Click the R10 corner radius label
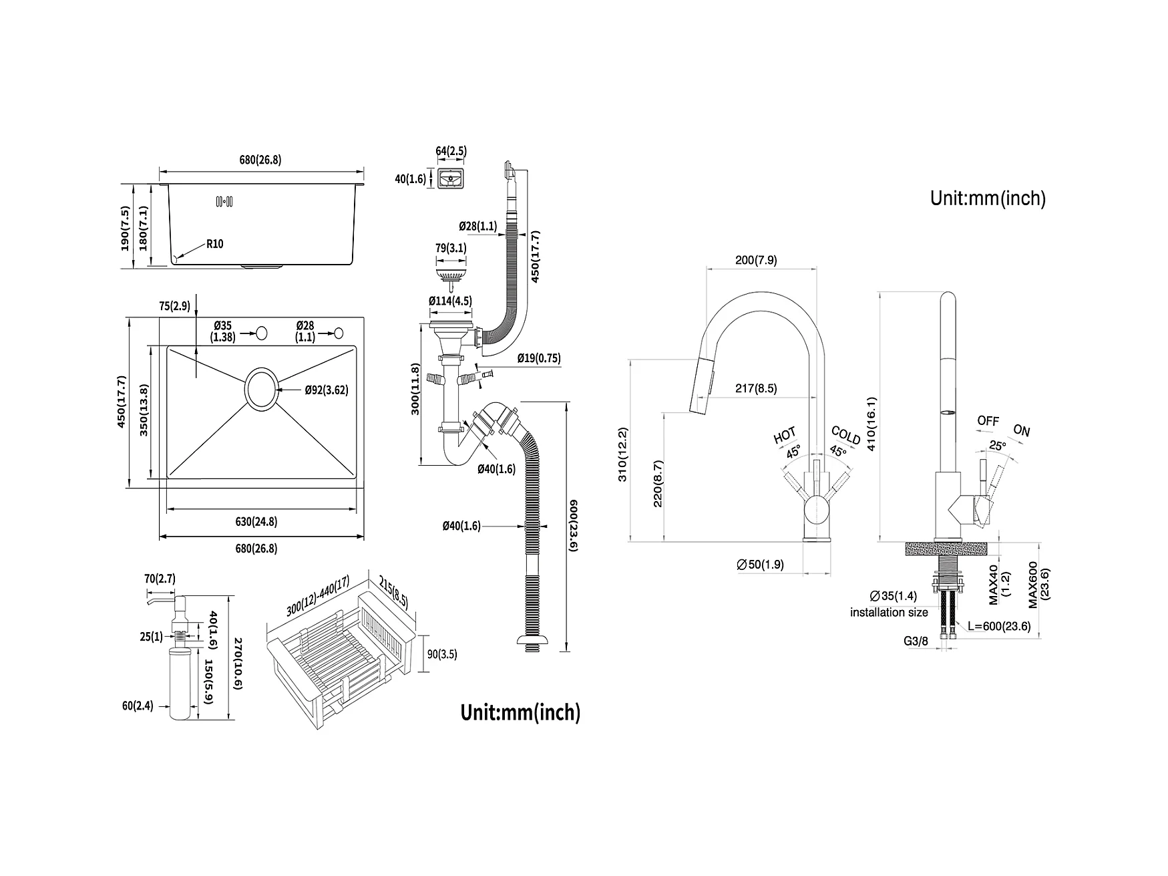coord(214,244)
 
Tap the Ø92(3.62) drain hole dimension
coord(327,390)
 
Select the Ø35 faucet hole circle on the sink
coord(262,332)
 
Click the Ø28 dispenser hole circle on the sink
coord(339,332)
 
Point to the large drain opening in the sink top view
coord(260,388)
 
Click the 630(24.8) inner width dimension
coord(256,522)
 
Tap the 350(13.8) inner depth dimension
coord(144,411)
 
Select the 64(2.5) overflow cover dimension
coord(451,152)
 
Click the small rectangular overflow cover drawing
coord(451,180)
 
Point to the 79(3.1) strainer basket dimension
coord(451,249)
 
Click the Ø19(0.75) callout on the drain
coord(539,358)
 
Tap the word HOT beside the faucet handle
coord(785,436)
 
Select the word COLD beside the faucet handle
coord(846,435)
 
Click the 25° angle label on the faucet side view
coord(997,445)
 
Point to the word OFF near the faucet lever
coord(988,421)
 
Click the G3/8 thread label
coord(916,641)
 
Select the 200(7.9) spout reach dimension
coord(756,261)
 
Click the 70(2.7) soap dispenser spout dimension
coord(160,579)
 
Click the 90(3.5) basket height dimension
coord(442,654)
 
